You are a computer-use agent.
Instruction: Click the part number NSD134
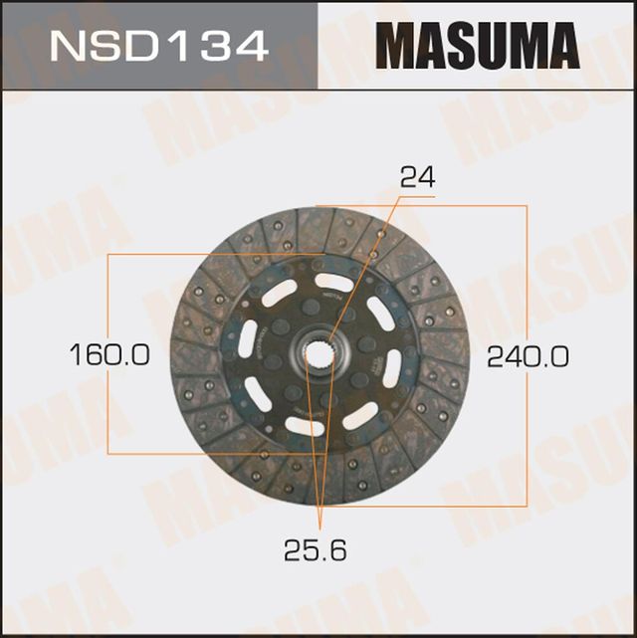pyautogui.click(x=158, y=46)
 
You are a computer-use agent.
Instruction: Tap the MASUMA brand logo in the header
pyautogui.click(x=477, y=46)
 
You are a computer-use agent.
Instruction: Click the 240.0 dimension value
pyautogui.click(x=528, y=355)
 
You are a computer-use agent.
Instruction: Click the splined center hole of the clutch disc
pyautogui.click(x=321, y=354)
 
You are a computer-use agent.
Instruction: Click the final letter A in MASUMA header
pyautogui.click(x=561, y=46)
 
